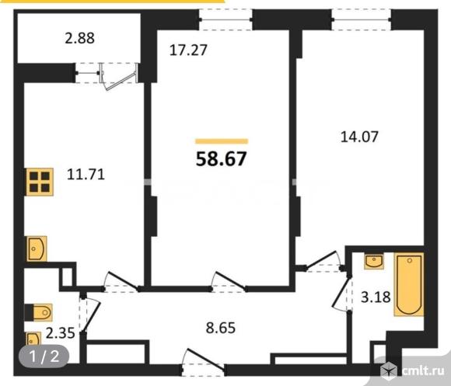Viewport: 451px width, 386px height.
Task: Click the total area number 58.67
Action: coord(221,158)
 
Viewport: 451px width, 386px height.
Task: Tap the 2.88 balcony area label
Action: coord(79,38)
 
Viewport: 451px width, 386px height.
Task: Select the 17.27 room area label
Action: coord(188,50)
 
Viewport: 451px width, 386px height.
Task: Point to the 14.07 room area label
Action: coord(359,137)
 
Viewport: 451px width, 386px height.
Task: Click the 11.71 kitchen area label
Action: coord(86,174)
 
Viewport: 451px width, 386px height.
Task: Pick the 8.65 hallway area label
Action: coord(221,328)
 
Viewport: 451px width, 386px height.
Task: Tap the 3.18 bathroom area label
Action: coord(376,297)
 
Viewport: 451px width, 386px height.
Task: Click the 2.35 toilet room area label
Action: coord(61,333)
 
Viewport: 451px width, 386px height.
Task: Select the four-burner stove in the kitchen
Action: coord(40,182)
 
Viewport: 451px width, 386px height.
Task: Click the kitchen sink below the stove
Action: coord(37,249)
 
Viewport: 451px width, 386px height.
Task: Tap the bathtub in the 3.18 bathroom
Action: coord(409,284)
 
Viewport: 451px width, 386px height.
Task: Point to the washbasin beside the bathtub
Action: coord(373,261)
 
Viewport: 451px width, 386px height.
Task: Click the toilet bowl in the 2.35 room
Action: coord(39,312)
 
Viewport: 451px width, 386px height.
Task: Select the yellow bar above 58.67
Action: coord(222,141)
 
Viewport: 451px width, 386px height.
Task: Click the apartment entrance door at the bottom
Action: coord(204,363)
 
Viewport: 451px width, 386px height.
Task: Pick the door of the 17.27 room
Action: coord(229,282)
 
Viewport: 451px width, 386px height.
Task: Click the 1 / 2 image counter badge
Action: coord(44,356)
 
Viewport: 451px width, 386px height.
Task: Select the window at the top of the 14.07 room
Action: coord(361,19)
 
